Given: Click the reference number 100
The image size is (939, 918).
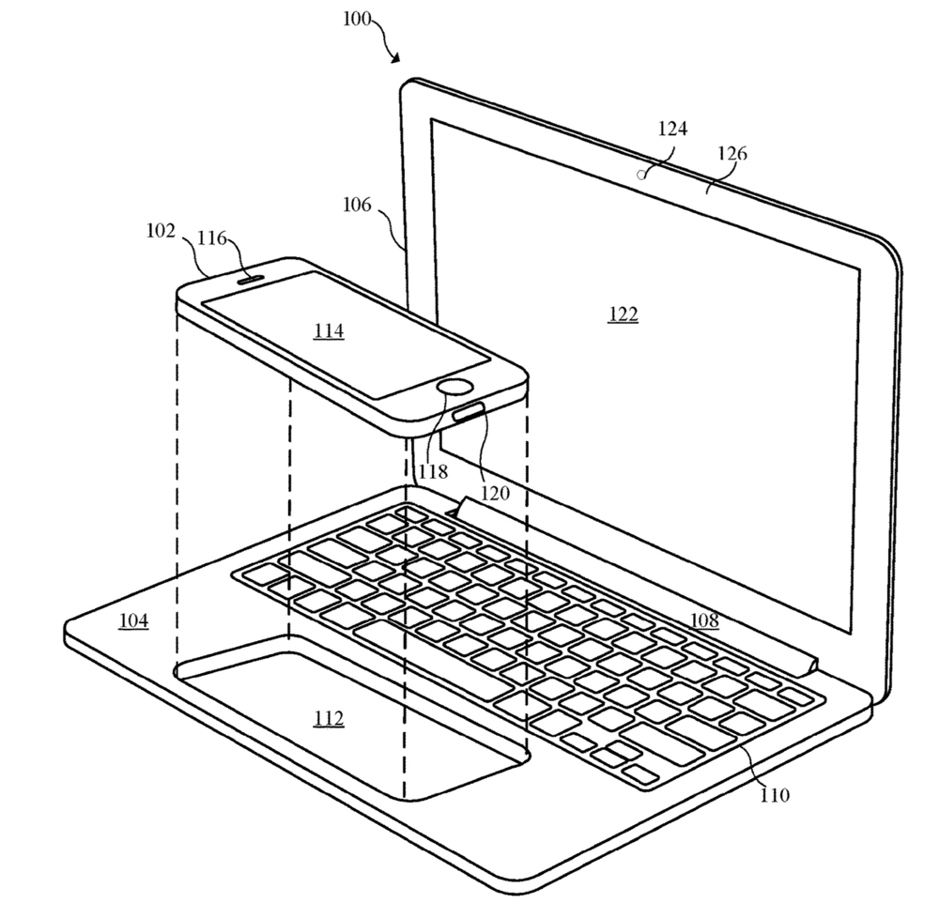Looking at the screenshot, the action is pyautogui.click(x=357, y=19).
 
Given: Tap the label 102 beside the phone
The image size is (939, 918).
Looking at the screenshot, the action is pyautogui.click(x=161, y=230).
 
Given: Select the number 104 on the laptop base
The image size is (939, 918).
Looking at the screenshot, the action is pyautogui.click(x=133, y=620).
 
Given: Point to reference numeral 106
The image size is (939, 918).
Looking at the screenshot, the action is pyautogui.click(x=357, y=205).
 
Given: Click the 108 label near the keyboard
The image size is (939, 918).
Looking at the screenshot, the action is pyautogui.click(x=704, y=620).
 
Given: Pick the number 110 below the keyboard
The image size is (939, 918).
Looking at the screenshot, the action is pyautogui.click(x=775, y=795).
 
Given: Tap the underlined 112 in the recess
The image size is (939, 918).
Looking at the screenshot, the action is pyautogui.click(x=329, y=717).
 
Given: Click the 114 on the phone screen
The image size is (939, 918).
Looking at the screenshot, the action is pyautogui.click(x=329, y=330).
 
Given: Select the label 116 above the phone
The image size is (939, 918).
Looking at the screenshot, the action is pyautogui.click(x=212, y=238).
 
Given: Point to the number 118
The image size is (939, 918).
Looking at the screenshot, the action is pyautogui.click(x=433, y=472).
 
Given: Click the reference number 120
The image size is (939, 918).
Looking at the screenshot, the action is pyautogui.click(x=495, y=493).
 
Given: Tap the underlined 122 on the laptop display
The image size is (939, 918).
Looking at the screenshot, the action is pyautogui.click(x=623, y=314).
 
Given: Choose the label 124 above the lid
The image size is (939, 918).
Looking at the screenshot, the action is pyautogui.click(x=672, y=128).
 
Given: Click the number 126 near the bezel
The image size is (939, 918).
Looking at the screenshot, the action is pyautogui.click(x=732, y=154).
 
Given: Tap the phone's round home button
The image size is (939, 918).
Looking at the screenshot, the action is pyautogui.click(x=455, y=388).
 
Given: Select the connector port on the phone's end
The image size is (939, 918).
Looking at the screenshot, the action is pyautogui.click(x=469, y=412).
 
